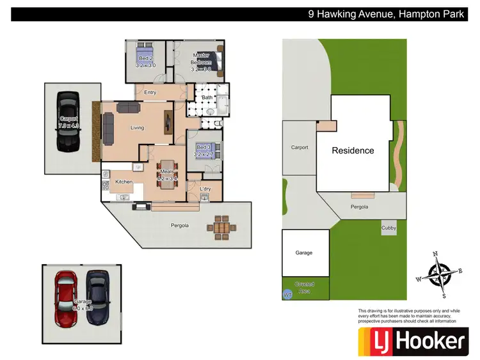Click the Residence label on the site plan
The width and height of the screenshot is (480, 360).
click(x=353, y=151)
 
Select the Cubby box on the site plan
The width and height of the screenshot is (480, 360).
click(x=388, y=227)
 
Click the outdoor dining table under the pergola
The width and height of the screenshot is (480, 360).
click(x=221, y=226)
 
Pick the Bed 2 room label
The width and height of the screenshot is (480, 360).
click(x=145, y=62)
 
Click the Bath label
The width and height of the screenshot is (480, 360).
click(x=207, y=97)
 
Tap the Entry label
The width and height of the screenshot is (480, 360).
click(x=150, y=93)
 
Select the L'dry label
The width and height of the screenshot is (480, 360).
click(x=205, y=189)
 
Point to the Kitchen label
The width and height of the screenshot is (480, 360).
click(x=124, y=182)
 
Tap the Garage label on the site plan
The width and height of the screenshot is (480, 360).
click(x=304, y=253)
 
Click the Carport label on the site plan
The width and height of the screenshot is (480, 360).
click(x=300, y=148)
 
